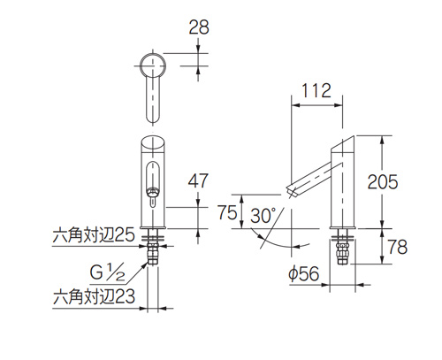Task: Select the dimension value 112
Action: [x=316, y=90]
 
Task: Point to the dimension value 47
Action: [x=200, y=180]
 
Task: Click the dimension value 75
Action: [x=227, y=213]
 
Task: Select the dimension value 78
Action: [x=397, y=247]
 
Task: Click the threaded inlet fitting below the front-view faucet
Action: [x=155, y=252]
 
